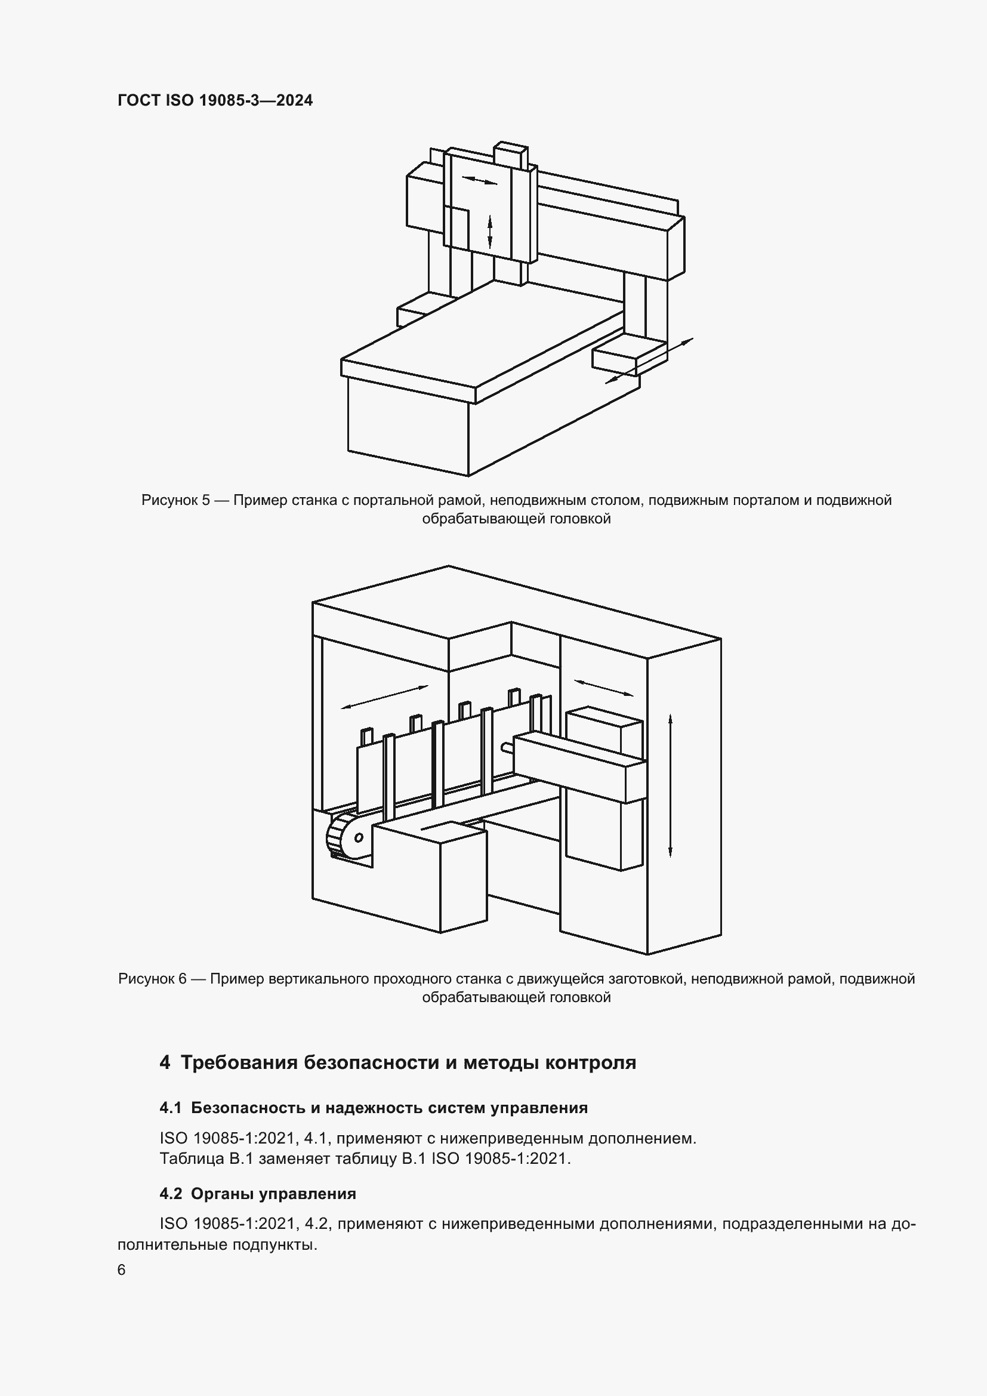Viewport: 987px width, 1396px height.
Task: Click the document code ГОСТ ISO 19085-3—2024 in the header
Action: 215,100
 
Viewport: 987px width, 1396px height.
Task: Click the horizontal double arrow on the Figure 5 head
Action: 480,180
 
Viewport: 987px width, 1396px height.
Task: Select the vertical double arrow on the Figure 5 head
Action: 490,232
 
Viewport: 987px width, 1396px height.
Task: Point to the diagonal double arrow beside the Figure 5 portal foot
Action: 649,360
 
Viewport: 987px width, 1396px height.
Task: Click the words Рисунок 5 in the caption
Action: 175,500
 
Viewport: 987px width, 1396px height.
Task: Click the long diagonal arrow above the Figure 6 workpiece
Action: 385,696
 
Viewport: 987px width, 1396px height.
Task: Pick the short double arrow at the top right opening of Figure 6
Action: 603,688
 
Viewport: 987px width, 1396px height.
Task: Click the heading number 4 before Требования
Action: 165,1063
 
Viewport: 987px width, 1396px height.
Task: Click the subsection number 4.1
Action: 171,1108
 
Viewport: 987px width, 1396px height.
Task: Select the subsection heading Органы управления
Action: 273,1194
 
